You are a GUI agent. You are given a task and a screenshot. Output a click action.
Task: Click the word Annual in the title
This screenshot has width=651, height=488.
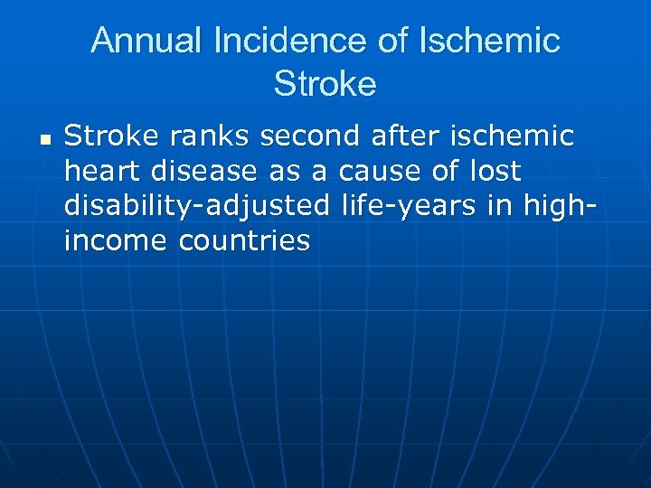(x=149, y=41)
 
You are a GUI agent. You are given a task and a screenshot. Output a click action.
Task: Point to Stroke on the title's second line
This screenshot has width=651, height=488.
(x=325, y=84)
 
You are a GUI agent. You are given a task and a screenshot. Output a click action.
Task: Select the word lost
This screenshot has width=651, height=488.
(x=496, y=172)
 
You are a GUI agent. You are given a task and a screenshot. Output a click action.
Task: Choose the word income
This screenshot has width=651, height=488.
(x=116, y=241)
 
